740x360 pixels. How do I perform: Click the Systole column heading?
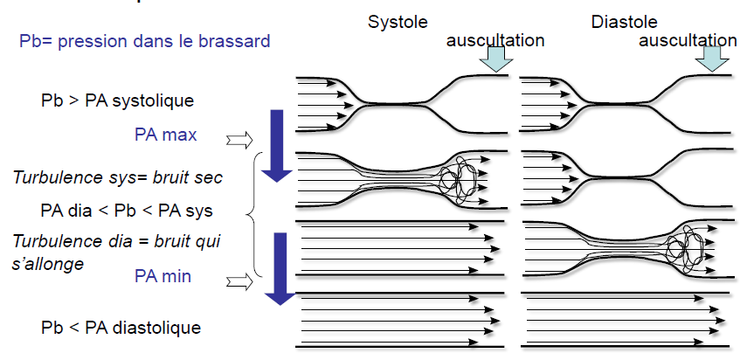394,20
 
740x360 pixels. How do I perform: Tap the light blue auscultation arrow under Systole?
496,57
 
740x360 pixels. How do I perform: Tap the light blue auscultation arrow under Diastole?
712,57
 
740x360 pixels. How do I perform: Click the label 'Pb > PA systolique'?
117,100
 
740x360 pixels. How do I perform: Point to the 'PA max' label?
166,135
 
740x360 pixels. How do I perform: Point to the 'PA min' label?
163,276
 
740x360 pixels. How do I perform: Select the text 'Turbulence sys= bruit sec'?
118,177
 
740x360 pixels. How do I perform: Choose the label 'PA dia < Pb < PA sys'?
127,210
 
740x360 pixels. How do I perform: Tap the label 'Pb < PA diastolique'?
121,328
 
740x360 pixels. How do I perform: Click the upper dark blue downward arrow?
277,145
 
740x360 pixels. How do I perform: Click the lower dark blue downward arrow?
279,268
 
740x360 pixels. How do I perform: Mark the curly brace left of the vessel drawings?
252,213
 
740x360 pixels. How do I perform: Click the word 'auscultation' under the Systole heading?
495,40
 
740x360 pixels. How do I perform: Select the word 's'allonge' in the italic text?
48,262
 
